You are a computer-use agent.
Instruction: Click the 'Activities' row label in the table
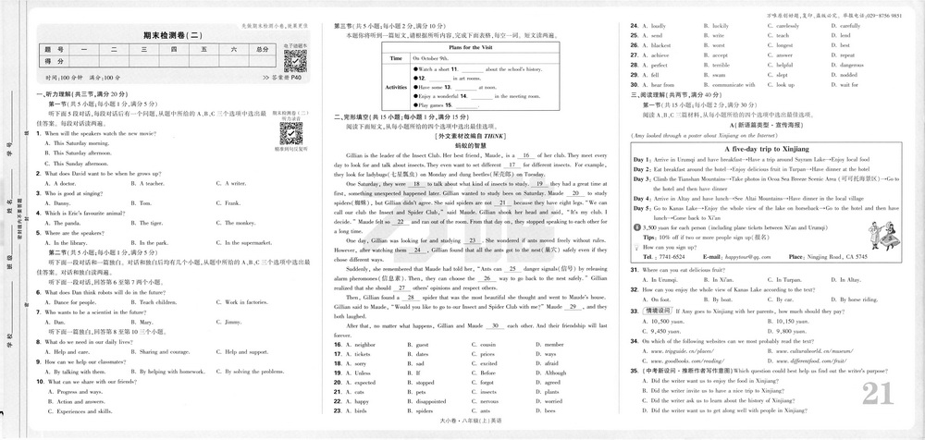pyautogui.click(x=396, y=87)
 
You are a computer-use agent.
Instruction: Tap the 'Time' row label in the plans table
pyautogui.click(x=396, y=58)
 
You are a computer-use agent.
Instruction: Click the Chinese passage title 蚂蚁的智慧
pyautogui.click(x=471, y=145)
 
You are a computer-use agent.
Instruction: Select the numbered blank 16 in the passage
pyautogui.click(x=525, y=156)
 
